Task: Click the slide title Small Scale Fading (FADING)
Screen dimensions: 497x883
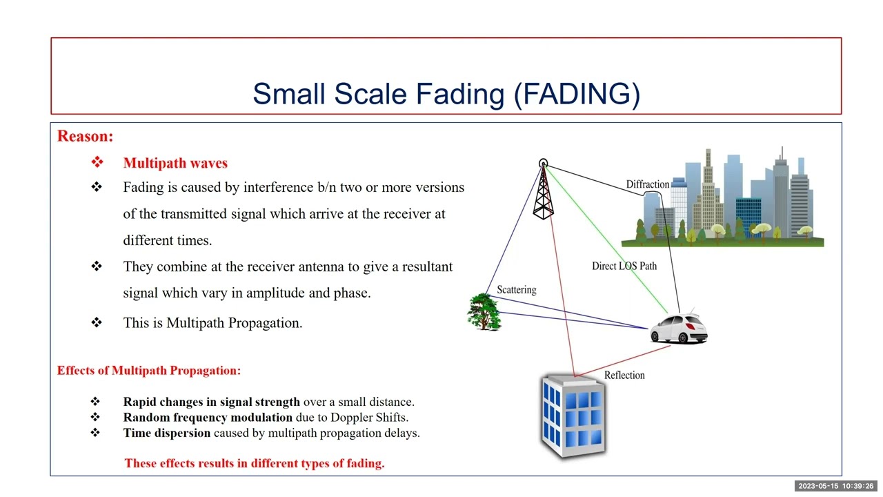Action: click(446, 94)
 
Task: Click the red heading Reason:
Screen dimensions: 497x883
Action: click(85, 136)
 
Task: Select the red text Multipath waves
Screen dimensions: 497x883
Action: click(175, 163)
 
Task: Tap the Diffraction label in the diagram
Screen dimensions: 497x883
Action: click(647, 184)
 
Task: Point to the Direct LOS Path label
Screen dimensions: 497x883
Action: click(624, 266)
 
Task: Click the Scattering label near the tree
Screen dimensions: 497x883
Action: click(516, 289)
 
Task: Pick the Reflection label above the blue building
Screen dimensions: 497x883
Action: click(624, 375)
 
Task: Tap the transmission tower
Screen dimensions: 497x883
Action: click(544, 193)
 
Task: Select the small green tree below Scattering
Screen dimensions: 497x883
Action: click(484, 312)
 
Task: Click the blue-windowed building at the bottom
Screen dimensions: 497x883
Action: click(574, 416)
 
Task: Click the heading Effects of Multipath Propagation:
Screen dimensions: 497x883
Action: click(149, 371)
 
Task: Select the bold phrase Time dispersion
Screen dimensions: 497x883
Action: click(166, 433)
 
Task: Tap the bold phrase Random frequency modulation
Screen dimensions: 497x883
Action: click(208, 417)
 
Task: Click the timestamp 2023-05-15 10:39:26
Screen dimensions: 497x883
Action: click(836, 486)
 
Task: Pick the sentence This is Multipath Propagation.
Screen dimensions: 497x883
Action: click(212, 322)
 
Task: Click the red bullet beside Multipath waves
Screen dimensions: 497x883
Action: click(97, 162)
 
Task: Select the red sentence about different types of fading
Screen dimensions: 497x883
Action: click(254, 463)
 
